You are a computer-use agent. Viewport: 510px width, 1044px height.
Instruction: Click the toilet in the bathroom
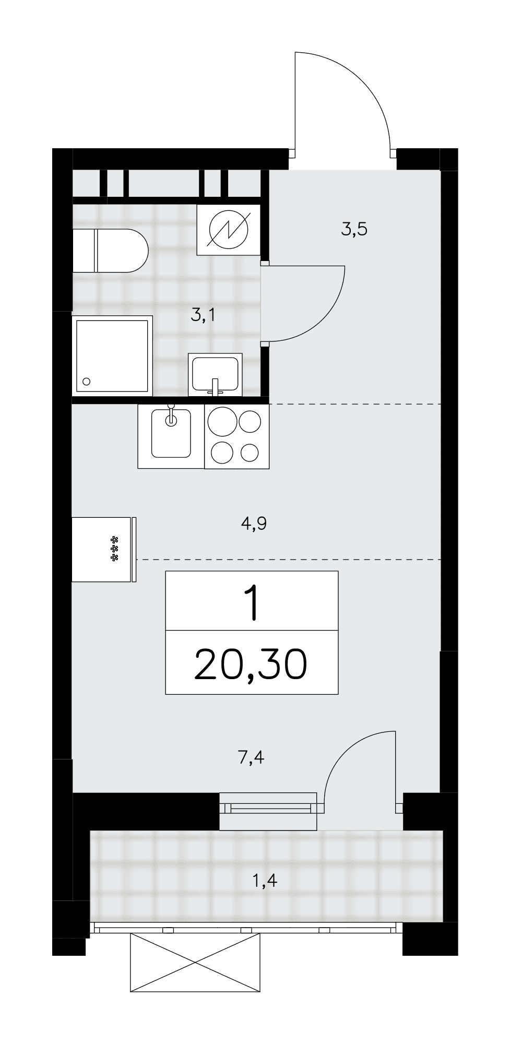tap(111, 251)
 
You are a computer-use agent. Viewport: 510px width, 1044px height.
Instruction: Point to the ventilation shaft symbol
tap(229, 230)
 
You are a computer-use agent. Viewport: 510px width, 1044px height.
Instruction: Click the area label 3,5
tap(355, 229)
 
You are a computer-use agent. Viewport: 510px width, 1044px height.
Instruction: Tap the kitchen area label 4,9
tap(254, 524)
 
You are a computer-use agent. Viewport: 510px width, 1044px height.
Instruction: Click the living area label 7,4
tap(251, 757)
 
